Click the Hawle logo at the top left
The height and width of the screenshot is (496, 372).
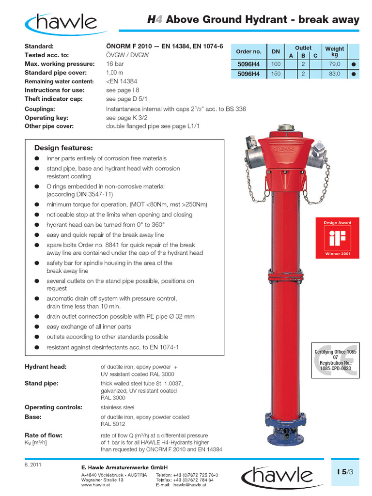(62, 22)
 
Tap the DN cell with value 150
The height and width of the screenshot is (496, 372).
(276, 74)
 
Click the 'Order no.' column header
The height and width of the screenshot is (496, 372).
(248, 51)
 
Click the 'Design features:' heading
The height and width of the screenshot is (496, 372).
(63, 148)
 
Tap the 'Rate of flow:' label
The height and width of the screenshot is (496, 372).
(44, 435)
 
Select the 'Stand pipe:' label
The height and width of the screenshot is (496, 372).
(42, 383)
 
